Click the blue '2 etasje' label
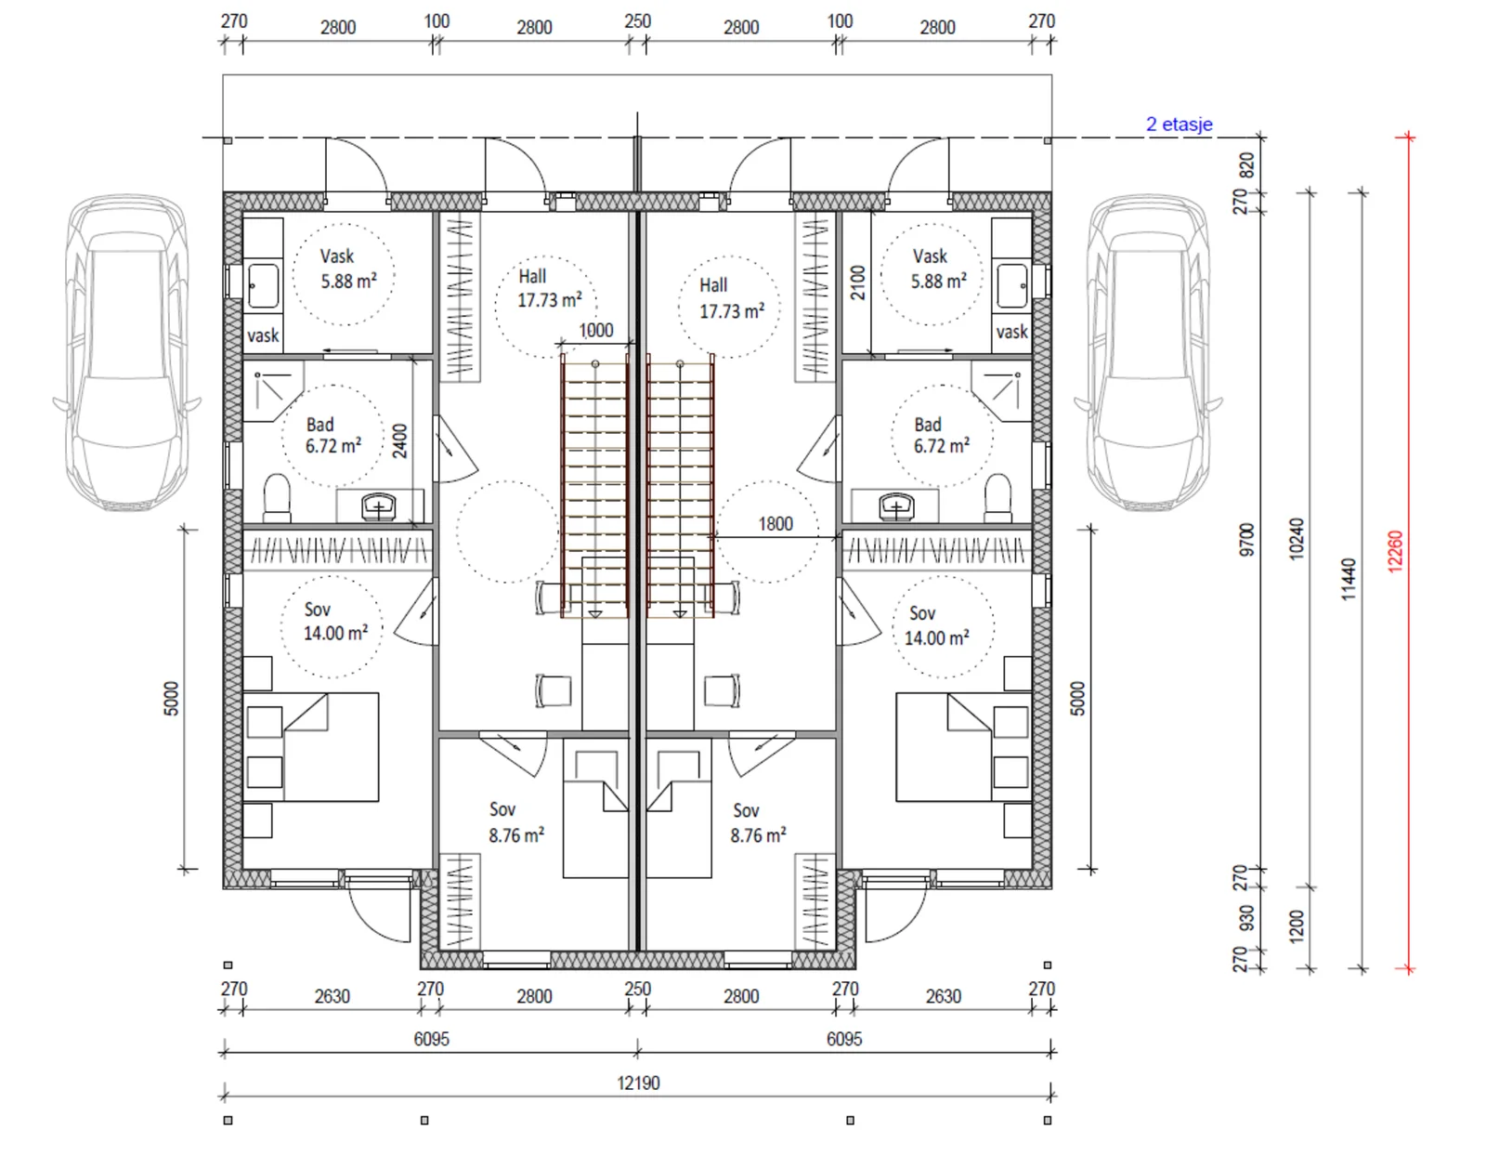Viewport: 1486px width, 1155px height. (x=1179, y=125)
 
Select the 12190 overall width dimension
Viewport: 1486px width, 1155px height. (x=638, y=1083)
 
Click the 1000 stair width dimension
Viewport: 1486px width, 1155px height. (x=595, y=330)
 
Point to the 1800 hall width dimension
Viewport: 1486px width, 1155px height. (x=776, y=524)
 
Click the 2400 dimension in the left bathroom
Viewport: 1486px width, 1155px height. (x=400, y=441)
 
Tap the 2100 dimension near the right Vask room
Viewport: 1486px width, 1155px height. (x=857, y=282)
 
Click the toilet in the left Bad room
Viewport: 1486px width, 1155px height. (x=277, y=497)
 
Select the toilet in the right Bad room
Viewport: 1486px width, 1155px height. (x=997, y=497)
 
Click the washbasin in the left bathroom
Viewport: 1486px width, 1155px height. (x=379, y=506)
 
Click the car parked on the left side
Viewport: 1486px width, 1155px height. (x=127, y=353)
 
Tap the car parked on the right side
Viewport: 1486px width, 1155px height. (x=1148, y=353)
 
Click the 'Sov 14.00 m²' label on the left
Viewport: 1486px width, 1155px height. (x=335, y=622)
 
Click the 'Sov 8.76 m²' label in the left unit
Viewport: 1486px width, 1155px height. (x=516, y=822)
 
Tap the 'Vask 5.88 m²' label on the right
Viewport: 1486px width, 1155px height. (x=938, y=269)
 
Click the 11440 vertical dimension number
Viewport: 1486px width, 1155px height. (x=1348, y=579)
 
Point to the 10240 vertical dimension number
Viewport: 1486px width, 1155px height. (x=1296, y=540)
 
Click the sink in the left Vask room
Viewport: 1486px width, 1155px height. (x=263, y=286)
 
